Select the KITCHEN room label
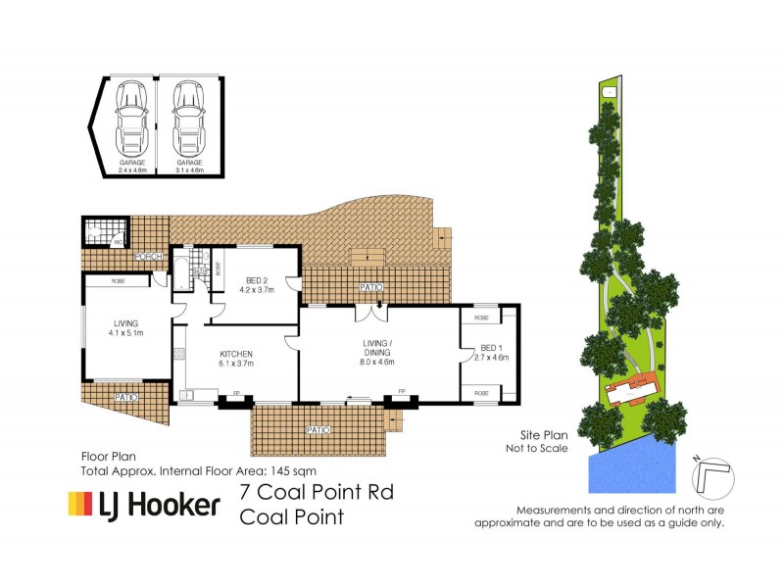236,358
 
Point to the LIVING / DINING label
378,347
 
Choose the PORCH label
149,258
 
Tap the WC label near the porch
119,241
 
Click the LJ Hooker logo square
78,504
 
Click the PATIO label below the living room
125,397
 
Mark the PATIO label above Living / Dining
369,287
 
